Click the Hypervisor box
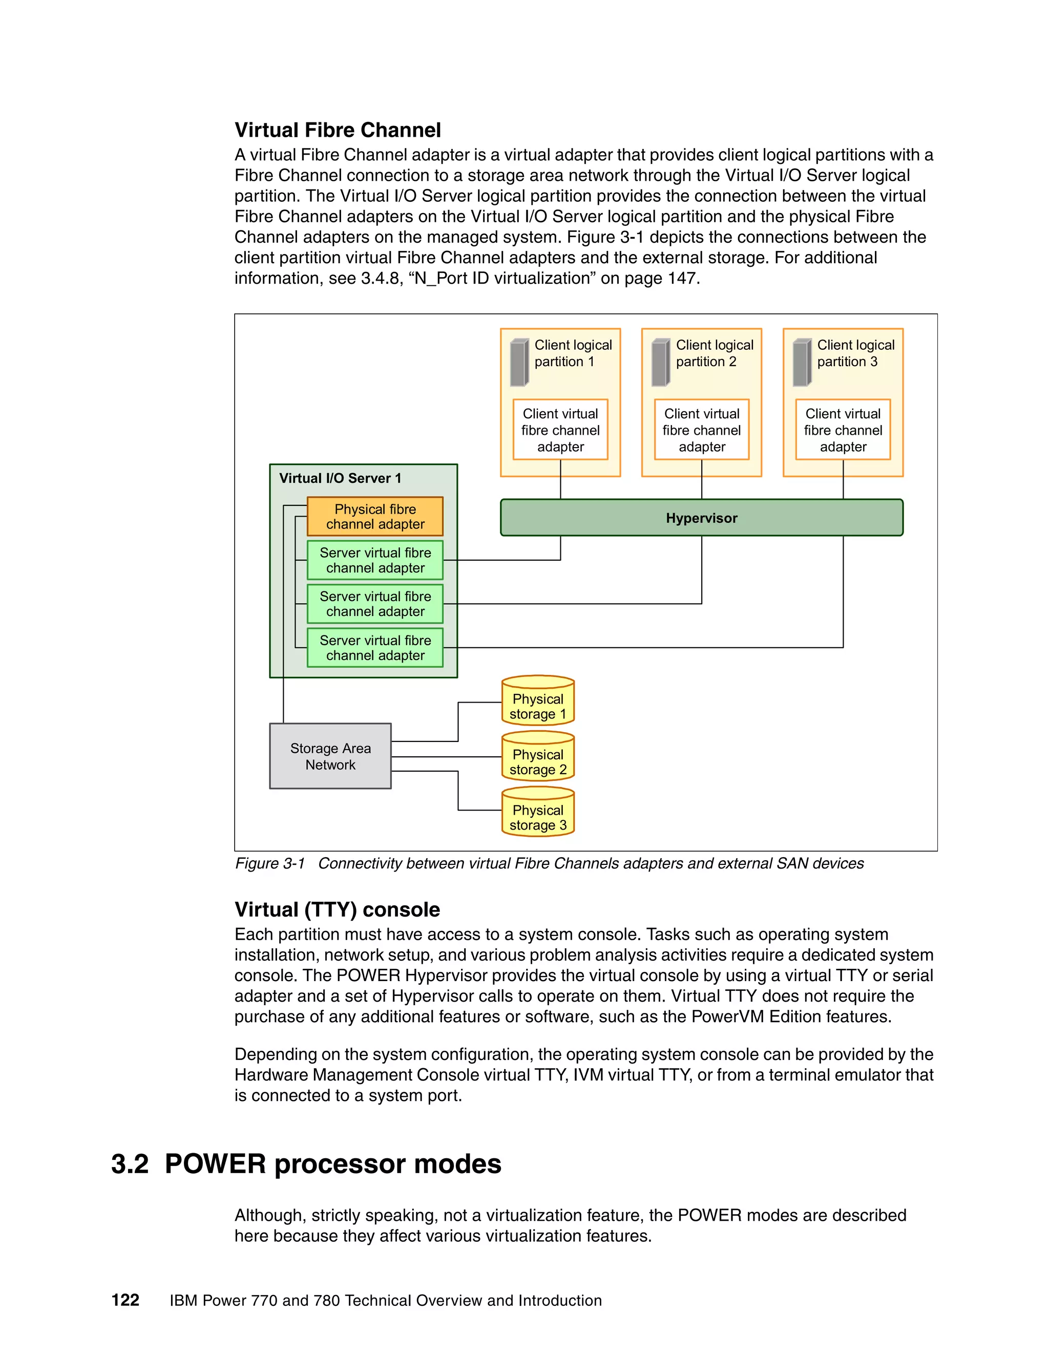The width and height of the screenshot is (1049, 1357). coord(701,518)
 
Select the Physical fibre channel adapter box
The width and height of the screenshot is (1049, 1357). coord(375,516)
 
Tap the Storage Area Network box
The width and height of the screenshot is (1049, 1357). coord(330,756)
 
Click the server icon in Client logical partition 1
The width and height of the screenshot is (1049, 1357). coord(519,362)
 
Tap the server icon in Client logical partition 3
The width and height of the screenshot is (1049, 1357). coord(802,362)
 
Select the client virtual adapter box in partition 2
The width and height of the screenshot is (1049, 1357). coord(702,430)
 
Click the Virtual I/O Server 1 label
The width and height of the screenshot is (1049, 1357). coord(340,478)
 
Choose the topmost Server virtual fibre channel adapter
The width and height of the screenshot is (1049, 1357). coord(375,560)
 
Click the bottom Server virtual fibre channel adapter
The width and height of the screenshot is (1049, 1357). coord(375,647)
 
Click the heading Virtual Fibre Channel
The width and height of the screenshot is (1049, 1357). coord(338,130)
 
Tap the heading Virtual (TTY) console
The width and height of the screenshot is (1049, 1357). coord(337,909)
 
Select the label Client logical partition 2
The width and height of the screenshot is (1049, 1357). coord(714,353)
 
